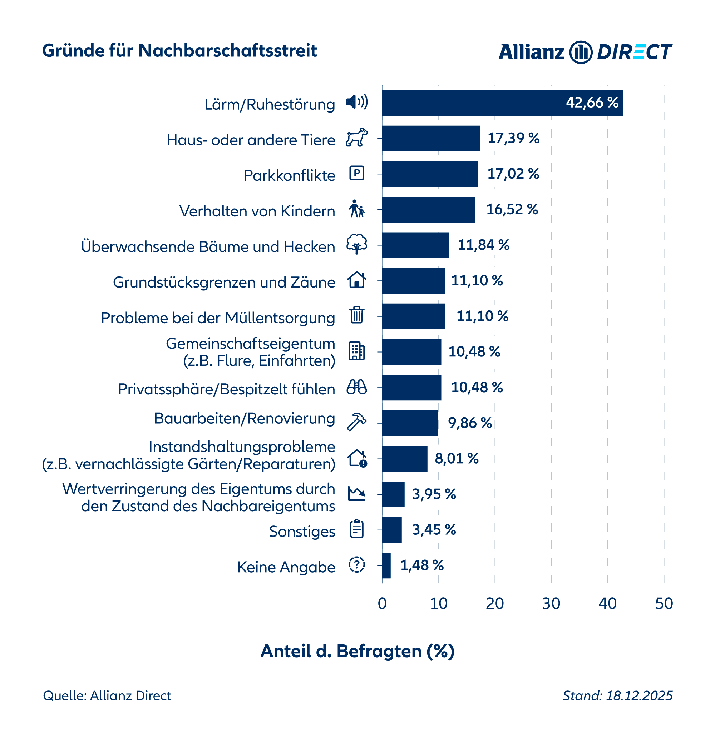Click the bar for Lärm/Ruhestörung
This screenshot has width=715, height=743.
tap(502, 103)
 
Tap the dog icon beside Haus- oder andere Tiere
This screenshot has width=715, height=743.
tap(356, 138)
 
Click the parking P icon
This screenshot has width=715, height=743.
tap(356, 173)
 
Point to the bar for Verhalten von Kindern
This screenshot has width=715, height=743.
tap(429, 210)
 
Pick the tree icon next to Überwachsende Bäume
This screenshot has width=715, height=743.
tap(356, 244)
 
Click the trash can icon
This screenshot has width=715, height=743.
tap(356, 315)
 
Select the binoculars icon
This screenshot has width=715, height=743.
tap(356, 387)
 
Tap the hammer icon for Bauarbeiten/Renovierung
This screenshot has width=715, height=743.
tap(356, 422)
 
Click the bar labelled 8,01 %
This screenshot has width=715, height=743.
tap(404, 459)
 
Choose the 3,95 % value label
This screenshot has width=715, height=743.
tap(434, 494)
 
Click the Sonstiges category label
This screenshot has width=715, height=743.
tap(302, 532)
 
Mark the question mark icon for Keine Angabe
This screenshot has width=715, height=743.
tap(356, 565)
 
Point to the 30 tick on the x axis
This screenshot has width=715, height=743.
tap(551, 603)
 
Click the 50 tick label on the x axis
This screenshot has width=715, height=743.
tap(664, 603)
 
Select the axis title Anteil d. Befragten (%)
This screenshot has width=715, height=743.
tap(357, 651)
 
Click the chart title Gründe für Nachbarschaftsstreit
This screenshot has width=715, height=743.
tap(179, 51)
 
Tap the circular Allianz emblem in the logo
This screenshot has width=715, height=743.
tap(580, 52)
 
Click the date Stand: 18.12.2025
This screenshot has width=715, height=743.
tap(617, 695)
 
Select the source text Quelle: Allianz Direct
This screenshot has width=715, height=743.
tap(107, 695)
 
